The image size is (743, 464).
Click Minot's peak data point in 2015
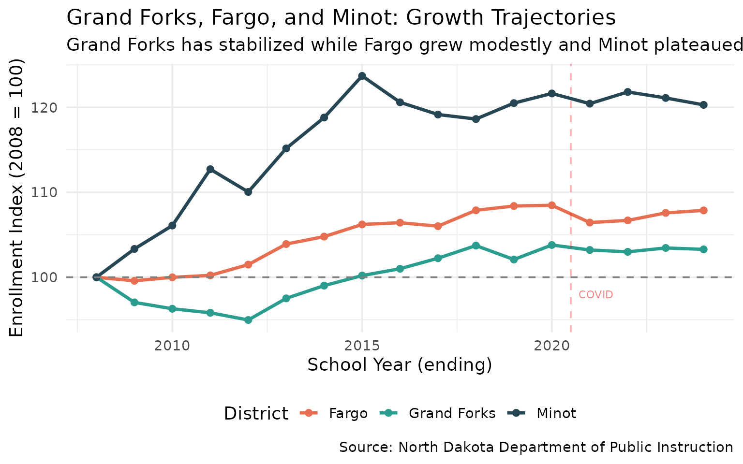362,76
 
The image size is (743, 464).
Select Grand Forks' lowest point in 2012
248,320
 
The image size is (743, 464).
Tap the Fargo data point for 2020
551,205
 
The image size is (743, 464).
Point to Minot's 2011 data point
210,169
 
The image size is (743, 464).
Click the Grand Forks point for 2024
703,249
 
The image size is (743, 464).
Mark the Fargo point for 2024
703,210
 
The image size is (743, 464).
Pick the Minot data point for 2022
627,92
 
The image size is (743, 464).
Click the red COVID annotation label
595,295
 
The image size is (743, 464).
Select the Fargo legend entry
348,414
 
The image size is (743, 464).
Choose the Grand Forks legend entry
452,414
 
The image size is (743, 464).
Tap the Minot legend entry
556,414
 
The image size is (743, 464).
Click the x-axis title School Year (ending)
400,365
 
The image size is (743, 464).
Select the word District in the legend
256,414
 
